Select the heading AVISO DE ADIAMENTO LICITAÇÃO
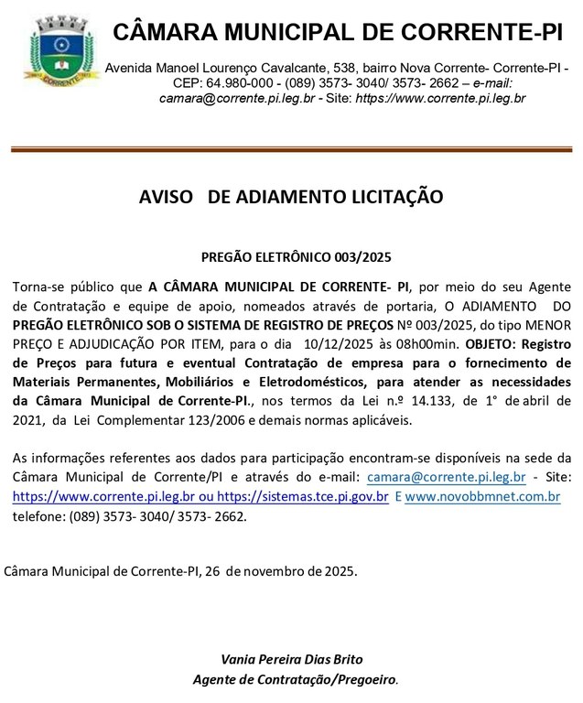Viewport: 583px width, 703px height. pos(291,197)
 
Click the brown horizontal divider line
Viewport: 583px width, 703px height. pos(291,148)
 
